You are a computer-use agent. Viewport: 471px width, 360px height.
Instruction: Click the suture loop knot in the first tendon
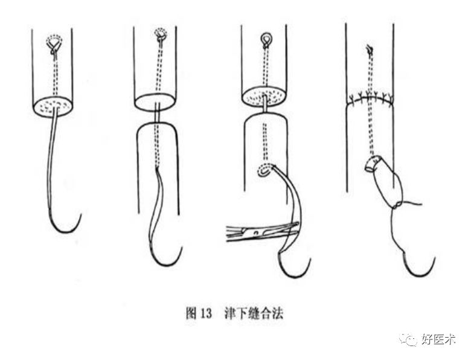pos(54,45)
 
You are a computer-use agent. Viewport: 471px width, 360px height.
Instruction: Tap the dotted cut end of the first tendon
pos(53,106)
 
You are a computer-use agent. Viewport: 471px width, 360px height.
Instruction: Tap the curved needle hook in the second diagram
pos(166,257)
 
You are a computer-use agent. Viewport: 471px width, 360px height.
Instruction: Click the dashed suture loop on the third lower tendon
pos(264,172)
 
